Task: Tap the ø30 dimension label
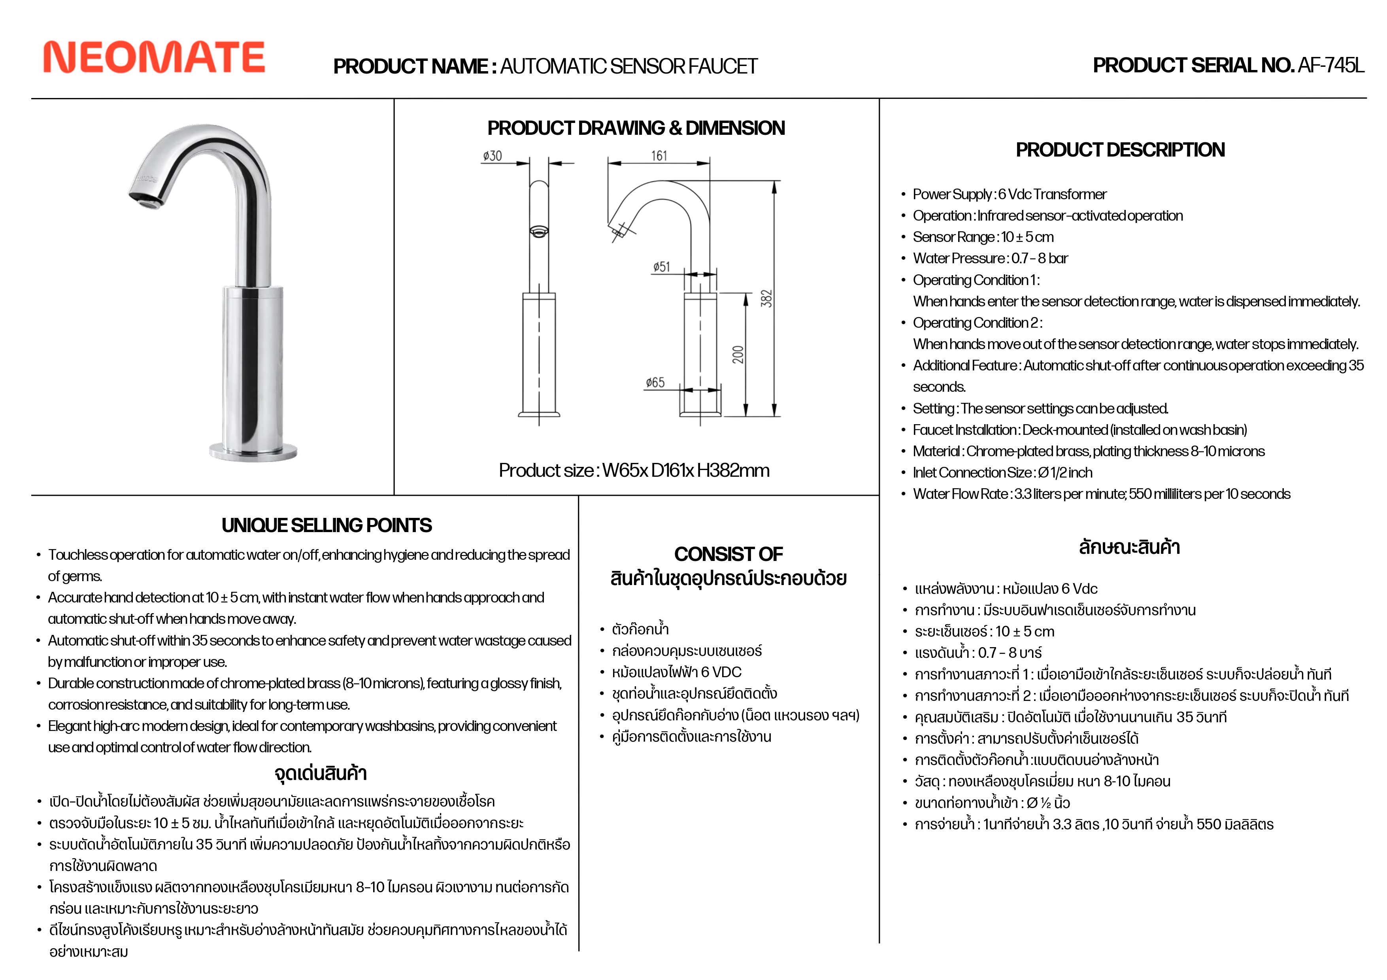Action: click(x=493, y=156)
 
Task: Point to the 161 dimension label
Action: click(x=659, y=156)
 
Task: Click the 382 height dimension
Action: click(x=766, y=298)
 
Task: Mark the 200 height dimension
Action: click(x=738, y=355)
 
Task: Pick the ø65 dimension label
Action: click(x=655, y=382)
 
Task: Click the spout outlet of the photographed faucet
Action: click(x=147, y=202)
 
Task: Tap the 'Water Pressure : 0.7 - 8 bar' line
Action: click(x=990, y=259)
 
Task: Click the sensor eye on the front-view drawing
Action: click(x=539, y=231)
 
